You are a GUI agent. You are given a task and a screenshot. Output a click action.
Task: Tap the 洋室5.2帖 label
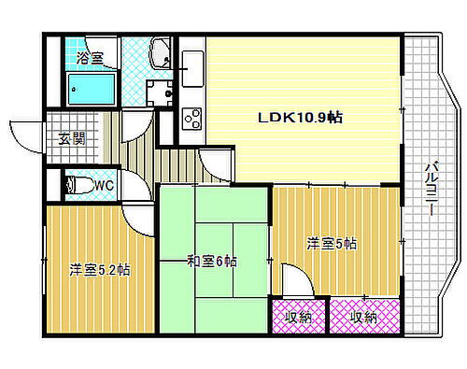pos(98,271)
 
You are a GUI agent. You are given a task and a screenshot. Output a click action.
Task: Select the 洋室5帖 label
pos(332,244)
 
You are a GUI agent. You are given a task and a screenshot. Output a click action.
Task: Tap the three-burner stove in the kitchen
pos(191,119)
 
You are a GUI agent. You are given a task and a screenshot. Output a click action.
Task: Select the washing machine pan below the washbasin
pos(159,91)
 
